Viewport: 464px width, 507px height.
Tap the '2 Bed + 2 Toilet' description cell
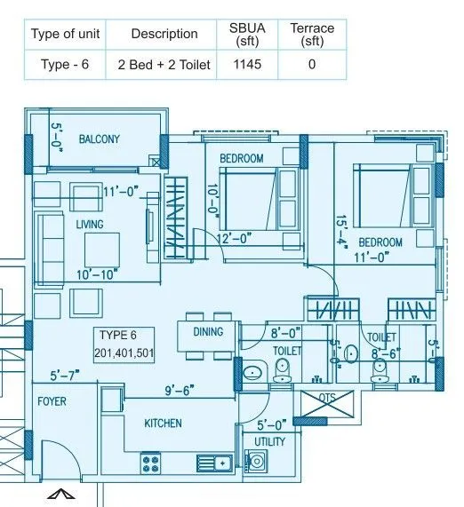(164, 64)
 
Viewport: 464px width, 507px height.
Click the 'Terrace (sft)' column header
(311, 35)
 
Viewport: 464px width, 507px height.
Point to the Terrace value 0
(311, 64)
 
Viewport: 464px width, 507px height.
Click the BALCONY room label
(99, 139)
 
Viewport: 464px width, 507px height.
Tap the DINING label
(208, 332)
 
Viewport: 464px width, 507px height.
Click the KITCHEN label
(164, 424)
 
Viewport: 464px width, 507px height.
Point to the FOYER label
(52, 401)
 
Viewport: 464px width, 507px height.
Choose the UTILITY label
(269, 441)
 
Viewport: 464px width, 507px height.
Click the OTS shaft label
(327, 399)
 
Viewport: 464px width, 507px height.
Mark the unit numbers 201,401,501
(124, 353)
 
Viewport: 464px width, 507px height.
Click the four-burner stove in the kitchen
(150, 462)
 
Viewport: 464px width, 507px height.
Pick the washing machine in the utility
(257, 461)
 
